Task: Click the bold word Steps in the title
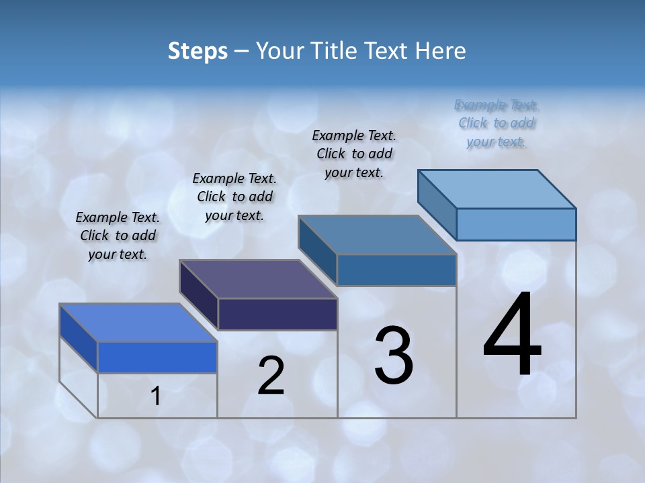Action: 198,51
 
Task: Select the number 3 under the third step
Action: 394,356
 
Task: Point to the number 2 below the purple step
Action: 271,376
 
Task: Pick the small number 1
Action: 156,396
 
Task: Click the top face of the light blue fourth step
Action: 497,189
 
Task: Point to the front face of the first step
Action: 157,357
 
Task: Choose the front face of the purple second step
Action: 277,314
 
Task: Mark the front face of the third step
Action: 396,270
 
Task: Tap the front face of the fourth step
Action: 516,224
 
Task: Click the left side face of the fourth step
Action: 437,204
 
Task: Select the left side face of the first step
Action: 79,338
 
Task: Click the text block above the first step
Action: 118,235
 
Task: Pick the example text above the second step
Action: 234,197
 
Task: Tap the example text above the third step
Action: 354,154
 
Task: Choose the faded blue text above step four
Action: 497,123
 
